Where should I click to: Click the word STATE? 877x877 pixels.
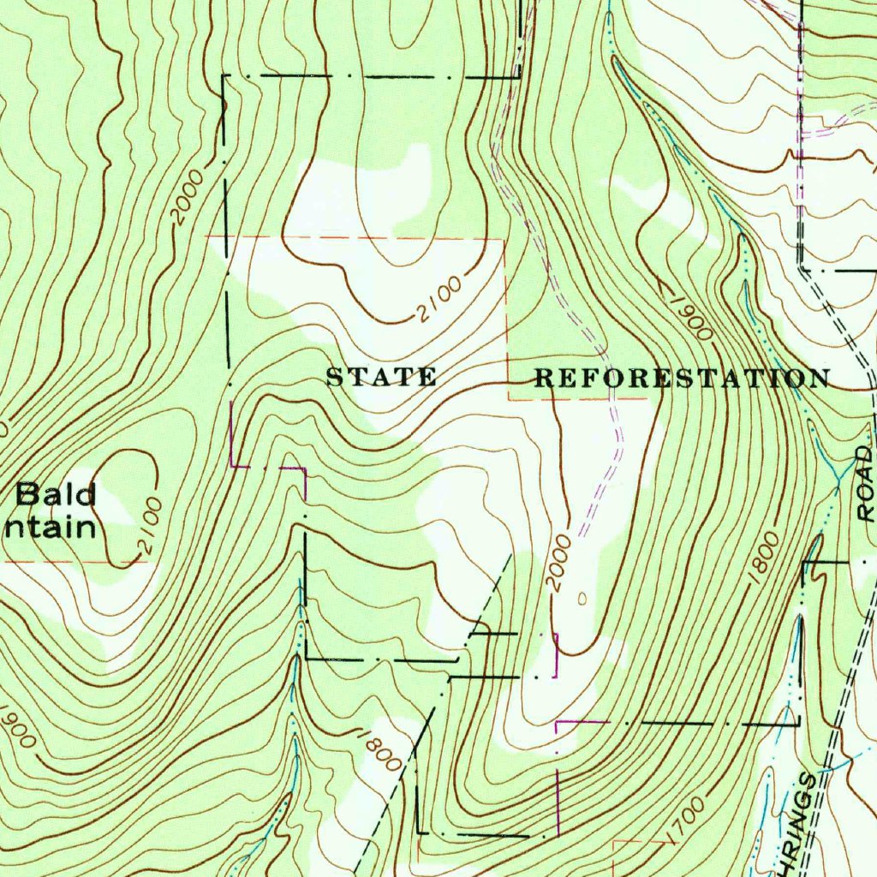pyautogui.click(x=381, y=377)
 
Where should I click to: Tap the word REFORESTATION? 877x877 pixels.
pyautogui.click(x=682, y=378)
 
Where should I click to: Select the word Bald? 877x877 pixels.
pyautogui.click(x=57, y=494)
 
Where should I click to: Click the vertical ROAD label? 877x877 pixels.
pyautogui.click(x=867, y=485)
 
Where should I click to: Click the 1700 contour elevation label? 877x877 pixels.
pyautogui.click(x=684, y=818)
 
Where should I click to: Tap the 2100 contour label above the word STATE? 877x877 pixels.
pyautogui.click(x=440, y=300)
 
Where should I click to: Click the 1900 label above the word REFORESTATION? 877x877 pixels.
pyautogui.click(x=689, y=317)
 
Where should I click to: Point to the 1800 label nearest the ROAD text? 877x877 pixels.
pyautogui.click(x=763, y=558)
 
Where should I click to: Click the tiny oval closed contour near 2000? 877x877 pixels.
pyautogui.click(x=582, y=598)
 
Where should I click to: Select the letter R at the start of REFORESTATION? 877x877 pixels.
pyautogui.click(x=544, y=378)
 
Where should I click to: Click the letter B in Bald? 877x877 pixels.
pyautogui.click(x=26, y=494)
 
